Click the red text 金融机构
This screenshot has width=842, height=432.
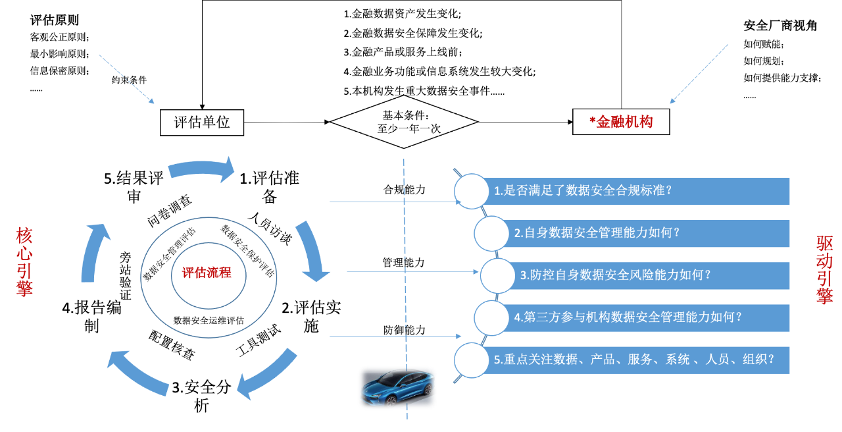[623, 122]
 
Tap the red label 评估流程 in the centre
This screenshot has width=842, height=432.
[207, 273]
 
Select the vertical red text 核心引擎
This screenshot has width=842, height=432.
[24, 262]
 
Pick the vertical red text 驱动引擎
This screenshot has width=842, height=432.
[825, 270]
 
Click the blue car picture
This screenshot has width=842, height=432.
[397, 387]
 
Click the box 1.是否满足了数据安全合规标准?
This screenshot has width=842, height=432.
[635, 191]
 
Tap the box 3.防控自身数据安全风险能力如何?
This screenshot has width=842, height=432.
[651, 275]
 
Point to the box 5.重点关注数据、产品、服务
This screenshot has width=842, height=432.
[635, 360]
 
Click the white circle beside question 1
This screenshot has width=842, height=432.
[472, 191]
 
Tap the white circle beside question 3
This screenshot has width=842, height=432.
[497, 275]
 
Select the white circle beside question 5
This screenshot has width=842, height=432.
[472, 360]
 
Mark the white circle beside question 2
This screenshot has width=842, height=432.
[491, 233]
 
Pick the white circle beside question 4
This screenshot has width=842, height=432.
[491, 317]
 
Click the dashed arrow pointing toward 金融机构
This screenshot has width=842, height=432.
[699, 74]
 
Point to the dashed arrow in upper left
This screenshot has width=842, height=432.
[126, 79]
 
